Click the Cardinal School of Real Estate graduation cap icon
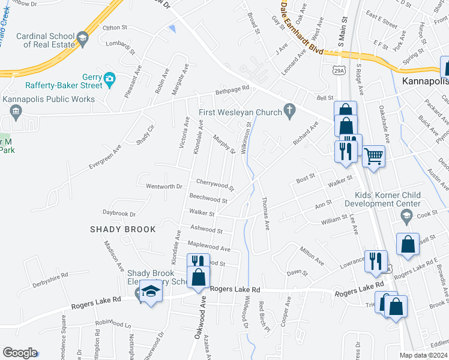click(82, 39)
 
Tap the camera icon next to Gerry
click(109, 79)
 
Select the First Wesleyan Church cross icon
click(290, 110)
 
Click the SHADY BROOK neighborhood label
click(123, 229)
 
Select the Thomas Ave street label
click(265, 214)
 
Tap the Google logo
click(19, 353)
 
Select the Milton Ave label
click(312, 254)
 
